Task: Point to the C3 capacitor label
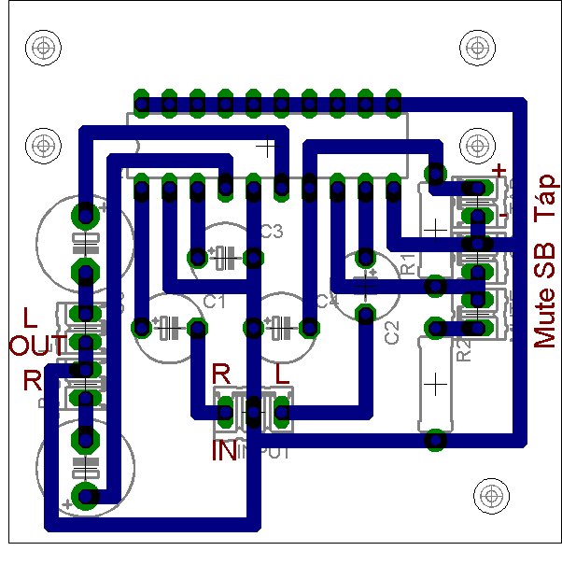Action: point(271,232)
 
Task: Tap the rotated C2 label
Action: point(392,332)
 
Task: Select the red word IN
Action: point(225,452)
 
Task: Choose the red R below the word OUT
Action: point(33,380)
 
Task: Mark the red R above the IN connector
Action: point(222,372)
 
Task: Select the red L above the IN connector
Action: point(281,373)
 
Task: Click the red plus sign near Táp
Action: point(499,170)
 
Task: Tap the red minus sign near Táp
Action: point(503,215)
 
